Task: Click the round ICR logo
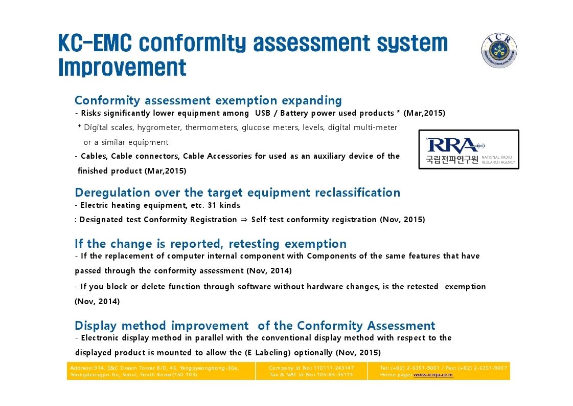pos(499,51)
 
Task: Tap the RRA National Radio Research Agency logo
pos(469,149)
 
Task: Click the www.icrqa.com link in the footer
pos(433,375)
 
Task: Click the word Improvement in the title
pos(122,68)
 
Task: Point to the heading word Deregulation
pos(112,193)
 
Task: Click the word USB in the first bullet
pos(263,113)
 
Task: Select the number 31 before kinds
pos(212,205)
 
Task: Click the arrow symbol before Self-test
pos(244,220)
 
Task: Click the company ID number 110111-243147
pos(334,368)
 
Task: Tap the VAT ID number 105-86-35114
pos(335,375)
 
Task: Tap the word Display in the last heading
pos(96,326)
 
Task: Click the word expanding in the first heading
pos(312,101)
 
